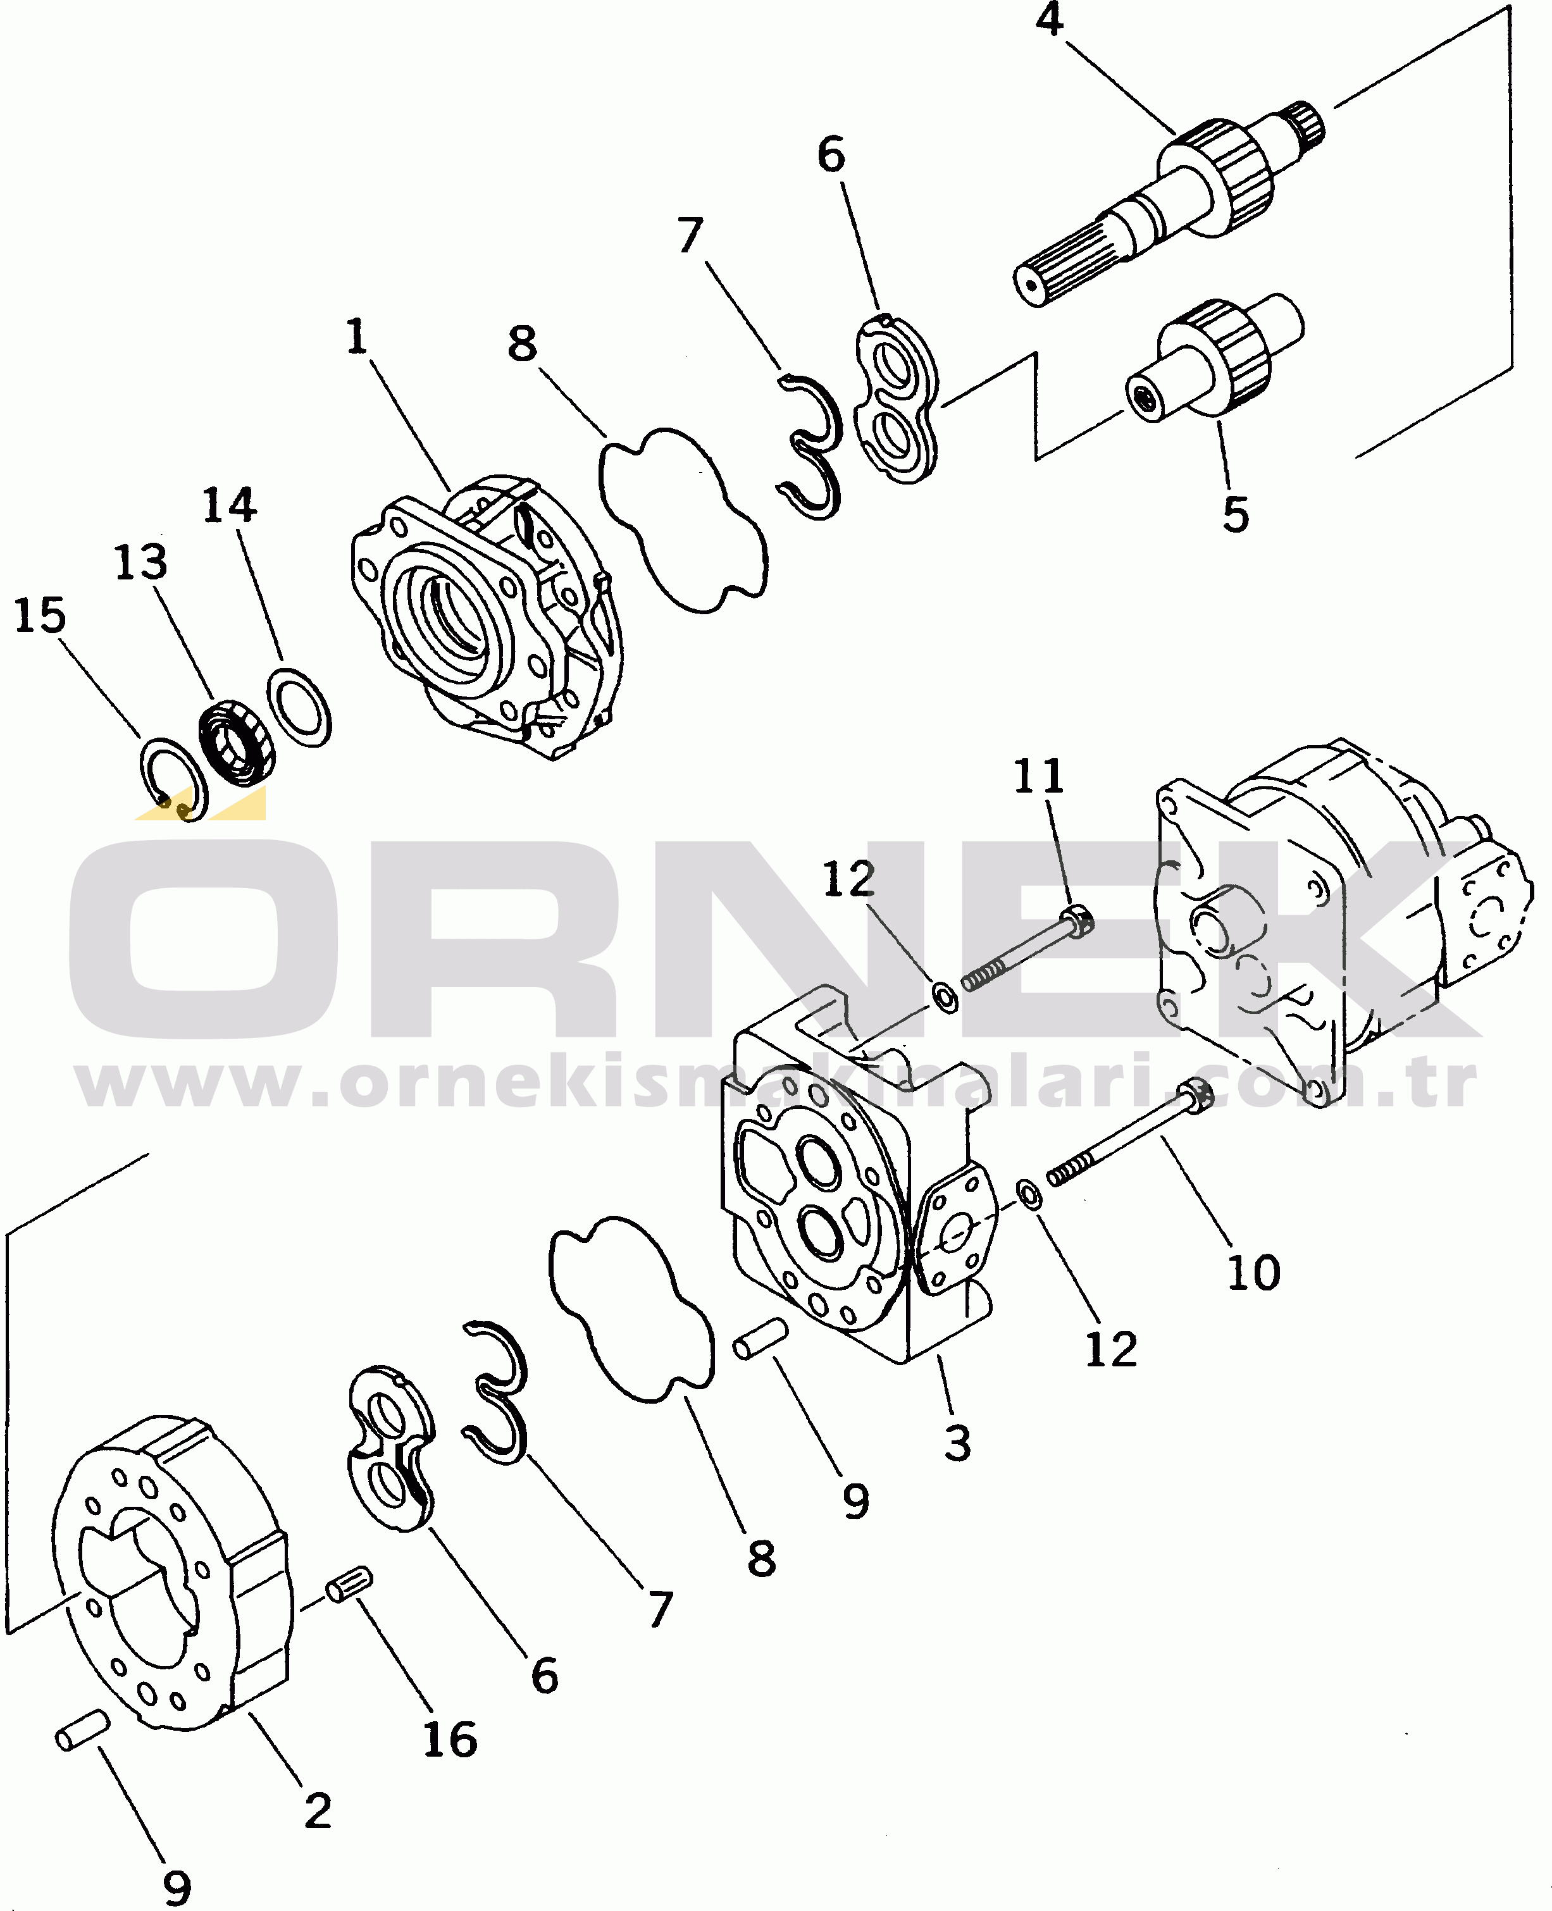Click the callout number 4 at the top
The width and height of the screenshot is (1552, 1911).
click(x=1050, y=20)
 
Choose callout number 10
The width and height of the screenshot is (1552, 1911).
click(x=1254, y=1272)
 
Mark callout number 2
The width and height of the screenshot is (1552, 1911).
click(x=318, y=1811)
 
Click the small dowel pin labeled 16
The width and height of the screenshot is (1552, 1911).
click(x=349, y=1584)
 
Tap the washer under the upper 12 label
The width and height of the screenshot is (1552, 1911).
click(x=945, y=996)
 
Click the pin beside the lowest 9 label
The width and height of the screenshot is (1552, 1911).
click(x=82, y=1731)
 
